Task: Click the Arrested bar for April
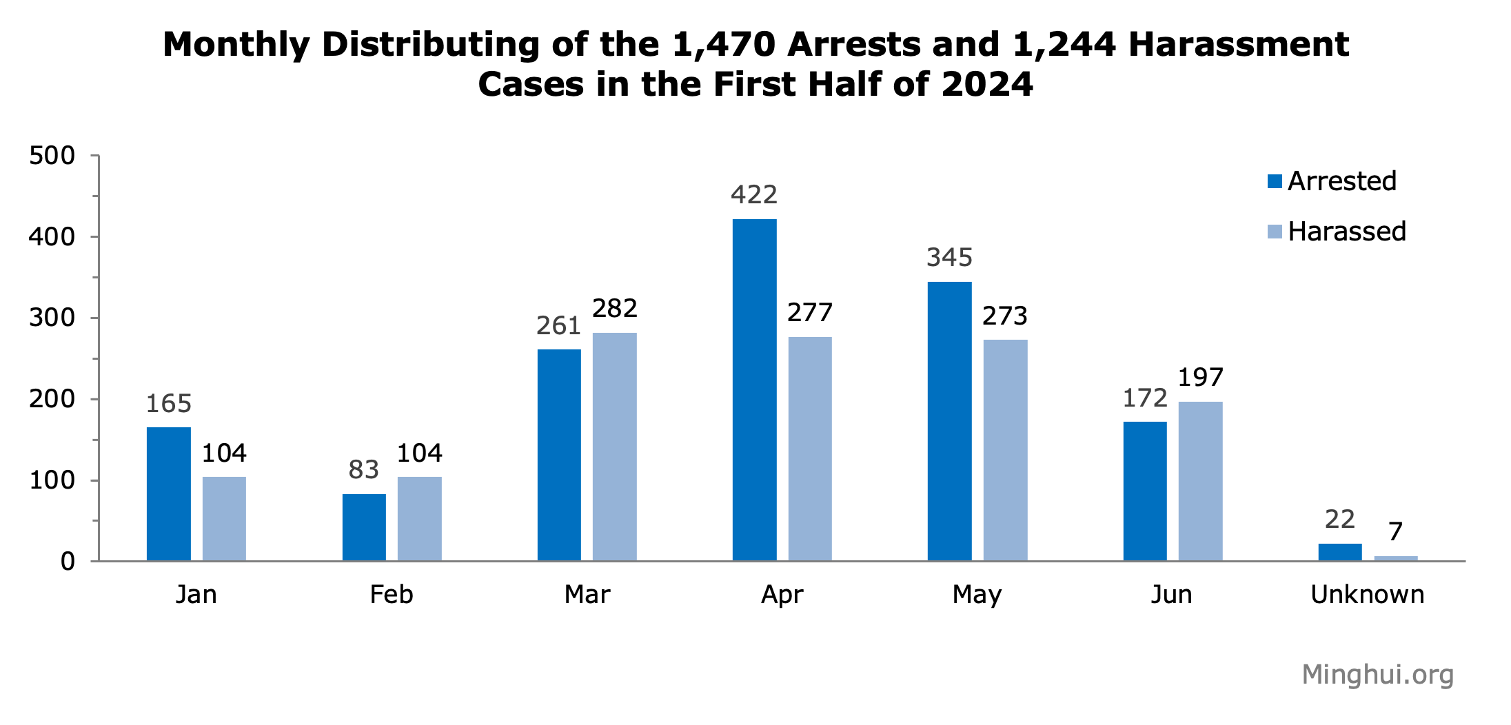pos(754,389)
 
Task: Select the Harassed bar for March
pos(614,447)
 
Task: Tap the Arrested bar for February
pos(364,527)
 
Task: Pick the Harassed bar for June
pos(1200,481)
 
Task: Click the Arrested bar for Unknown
pos(1339,553)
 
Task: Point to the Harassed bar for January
pos(224,519)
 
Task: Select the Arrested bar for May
pos(949,421)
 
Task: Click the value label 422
pos(754,195)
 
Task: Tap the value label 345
pos(949,258)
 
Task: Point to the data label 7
pos(1395,532)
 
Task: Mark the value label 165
pos(169,404)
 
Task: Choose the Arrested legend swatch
pos(1275,181)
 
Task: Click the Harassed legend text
pos(1346,232)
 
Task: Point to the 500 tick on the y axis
pos(52,156)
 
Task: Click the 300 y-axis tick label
pos(52,318)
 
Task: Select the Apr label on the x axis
pos(782,594)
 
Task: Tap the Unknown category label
pos(1367,594)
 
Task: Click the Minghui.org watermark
pos(1377,674)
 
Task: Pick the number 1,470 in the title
pos(723,45)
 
